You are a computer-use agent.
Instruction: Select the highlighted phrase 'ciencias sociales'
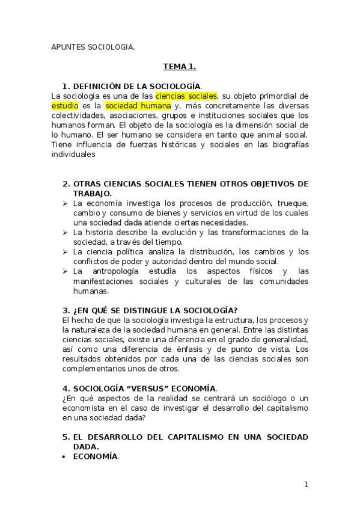(x=186, y=96)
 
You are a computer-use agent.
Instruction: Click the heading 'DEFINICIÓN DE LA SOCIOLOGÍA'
(x=136, y=86)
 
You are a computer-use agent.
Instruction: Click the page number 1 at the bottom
(x=306, y=484)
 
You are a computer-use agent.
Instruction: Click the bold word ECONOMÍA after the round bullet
(x=95, y=456)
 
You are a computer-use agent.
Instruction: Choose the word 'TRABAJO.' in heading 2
(x=92, y=193)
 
